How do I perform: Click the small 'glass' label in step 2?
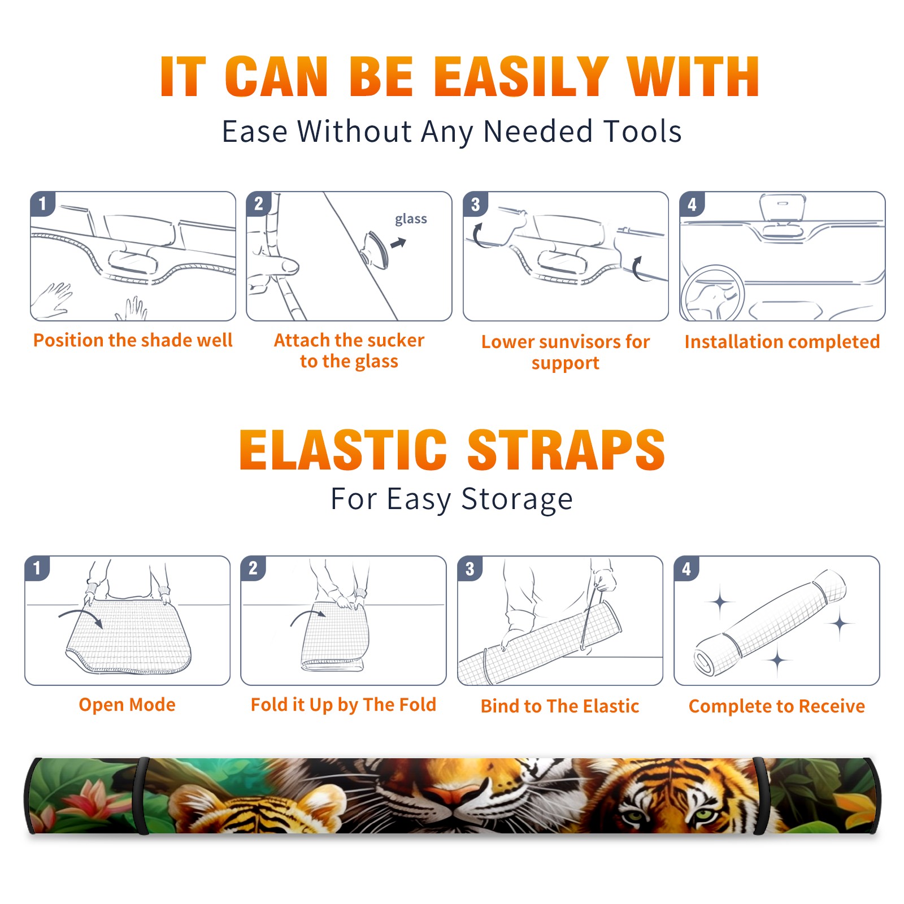click(411, 219)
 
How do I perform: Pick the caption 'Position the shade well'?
click(133, 340)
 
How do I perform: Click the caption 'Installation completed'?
click(782, 341)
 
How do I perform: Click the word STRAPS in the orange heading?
click(566, 450)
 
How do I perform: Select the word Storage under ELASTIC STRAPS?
click(517, 499)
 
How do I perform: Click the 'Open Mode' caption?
click(127, 705)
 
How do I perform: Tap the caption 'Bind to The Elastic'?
click(560, 706)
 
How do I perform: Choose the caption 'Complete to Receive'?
click(777, 706)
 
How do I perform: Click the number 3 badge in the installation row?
click(475, 204)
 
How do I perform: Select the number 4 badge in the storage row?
click(686, 568)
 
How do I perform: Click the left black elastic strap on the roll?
click(141, 796)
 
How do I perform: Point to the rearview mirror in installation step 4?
click(783, 207)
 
